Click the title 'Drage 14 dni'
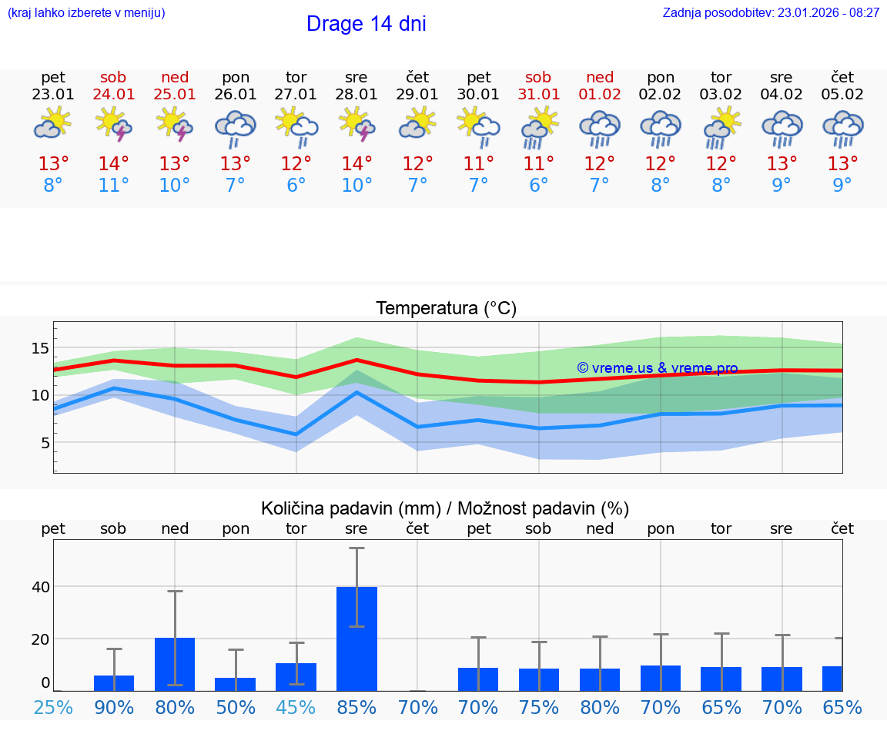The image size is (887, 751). point(366,24)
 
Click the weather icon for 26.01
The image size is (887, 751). point(235,127)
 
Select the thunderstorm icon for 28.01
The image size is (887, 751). point(356,125)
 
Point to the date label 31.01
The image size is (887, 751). point(538,95)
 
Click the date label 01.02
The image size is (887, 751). point(599,95)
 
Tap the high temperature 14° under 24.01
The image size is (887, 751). point(113,163)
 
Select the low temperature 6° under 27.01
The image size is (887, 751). point(296,185)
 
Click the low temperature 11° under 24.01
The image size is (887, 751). point(113,185)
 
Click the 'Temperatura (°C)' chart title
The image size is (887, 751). point(446,308)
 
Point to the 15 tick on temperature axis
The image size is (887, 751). point(40,348)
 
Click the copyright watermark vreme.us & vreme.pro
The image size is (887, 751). point(658,368)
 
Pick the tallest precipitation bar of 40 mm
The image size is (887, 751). point(356,639)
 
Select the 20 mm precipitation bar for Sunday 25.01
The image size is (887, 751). point(175,664)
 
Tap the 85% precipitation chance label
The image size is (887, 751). point(356,707)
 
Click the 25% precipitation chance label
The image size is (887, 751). point(53,707)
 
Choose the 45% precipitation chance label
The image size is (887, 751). point(296,707)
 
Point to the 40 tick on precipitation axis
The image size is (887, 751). point(40,587)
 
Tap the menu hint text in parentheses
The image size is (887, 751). point(86,12)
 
